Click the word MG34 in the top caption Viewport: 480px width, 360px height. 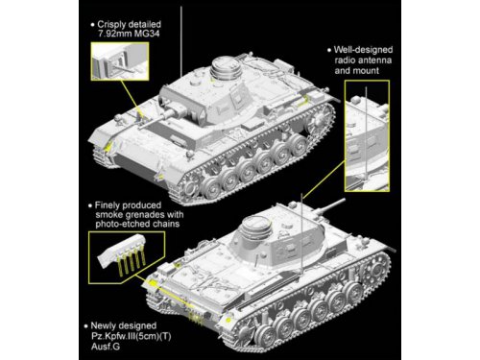point(146,34)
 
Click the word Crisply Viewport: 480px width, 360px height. point(111,25)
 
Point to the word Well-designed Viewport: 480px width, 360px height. point(363,50)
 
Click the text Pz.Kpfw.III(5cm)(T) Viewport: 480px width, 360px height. point(132,336)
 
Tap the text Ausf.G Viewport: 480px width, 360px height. point(106,347)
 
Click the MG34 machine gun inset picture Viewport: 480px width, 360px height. point(120,61)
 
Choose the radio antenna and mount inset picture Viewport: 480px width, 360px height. point(367,135)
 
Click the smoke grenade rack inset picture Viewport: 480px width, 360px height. point(127,257)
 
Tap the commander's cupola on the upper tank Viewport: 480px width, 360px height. point(226,67)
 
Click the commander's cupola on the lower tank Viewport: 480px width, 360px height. point(255,227)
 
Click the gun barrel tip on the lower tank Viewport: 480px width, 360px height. point(344,200)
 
